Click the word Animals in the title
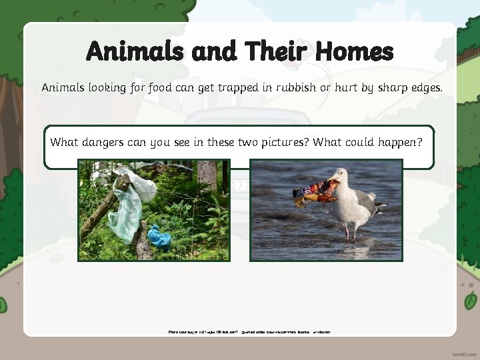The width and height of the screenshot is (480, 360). [133, 51]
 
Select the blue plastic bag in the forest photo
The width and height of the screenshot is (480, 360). [159, 236]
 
